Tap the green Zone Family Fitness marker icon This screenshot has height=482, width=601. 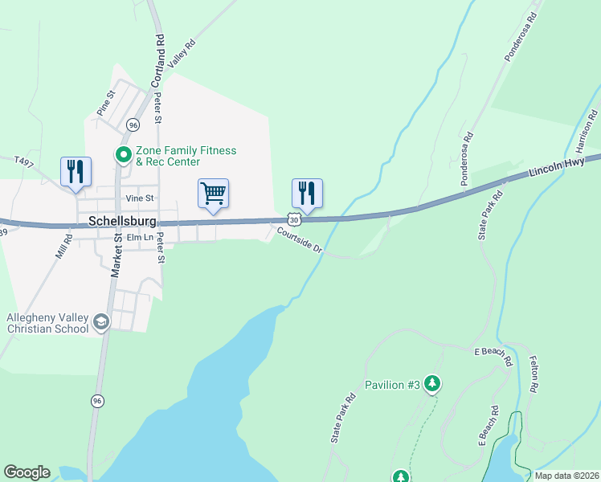pyautogui.click(x=124, y=154)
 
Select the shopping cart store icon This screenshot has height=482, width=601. pyautogui.click(x=213, y=193)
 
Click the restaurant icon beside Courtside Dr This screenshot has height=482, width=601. pyautogui.click(x=307, y=193)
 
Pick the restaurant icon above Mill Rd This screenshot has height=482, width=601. pyautogui.click(x=76, y=171)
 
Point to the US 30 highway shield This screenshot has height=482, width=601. pyautogui.click(x=294, y=219)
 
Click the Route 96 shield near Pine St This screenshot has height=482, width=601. pyautogui.click(x=133, y=125)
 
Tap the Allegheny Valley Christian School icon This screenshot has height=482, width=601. pyautogui.click(x=101, y=322)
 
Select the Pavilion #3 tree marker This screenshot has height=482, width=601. pyautogui.click(x=433, y=384)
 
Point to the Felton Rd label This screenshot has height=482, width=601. pyautogui.click(x=533, y=374)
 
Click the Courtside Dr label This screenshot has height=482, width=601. pyautogui.click(x=300, y=240)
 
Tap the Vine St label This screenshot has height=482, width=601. pyautogui.click(x=138, y=198)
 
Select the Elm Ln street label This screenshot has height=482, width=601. pyautogui.click(x=139, y=237)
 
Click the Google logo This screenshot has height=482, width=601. pyautogui.click(x=27, y=472)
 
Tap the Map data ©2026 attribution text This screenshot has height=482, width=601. pyautogui.click(x=566, y=476)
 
